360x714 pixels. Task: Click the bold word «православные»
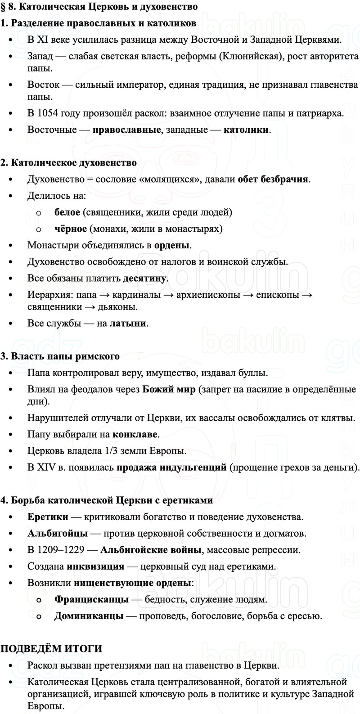(126, 130)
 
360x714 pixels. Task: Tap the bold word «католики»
(246, 130)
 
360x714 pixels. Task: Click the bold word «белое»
(67, 212)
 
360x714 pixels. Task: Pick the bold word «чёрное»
(71, 229)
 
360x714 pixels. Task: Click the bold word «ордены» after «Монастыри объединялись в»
(172, 245)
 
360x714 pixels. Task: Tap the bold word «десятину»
(144, 278)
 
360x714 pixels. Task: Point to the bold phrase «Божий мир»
(169, 389)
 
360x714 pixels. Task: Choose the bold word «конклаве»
(135, 434)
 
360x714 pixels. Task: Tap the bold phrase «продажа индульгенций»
(171, 467)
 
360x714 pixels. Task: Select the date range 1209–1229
(65, 550)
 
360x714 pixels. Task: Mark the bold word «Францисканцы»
(91, 599)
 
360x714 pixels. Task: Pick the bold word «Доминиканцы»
(89, 615)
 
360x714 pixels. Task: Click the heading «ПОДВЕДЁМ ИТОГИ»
(51, 648)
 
